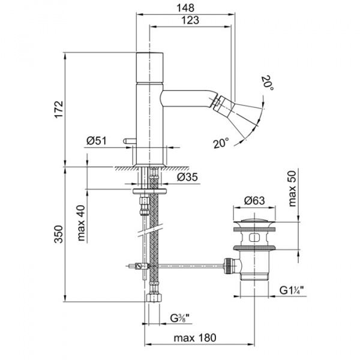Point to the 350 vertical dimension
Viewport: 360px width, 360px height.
click(x=58, y=234)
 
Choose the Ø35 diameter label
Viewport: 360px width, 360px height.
click(x=188, y=177)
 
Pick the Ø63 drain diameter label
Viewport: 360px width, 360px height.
click(x=256, y=202)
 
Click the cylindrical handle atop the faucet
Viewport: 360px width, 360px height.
click(x=150, y=69)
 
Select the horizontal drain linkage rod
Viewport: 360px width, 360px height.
click(x=186, y=264)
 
